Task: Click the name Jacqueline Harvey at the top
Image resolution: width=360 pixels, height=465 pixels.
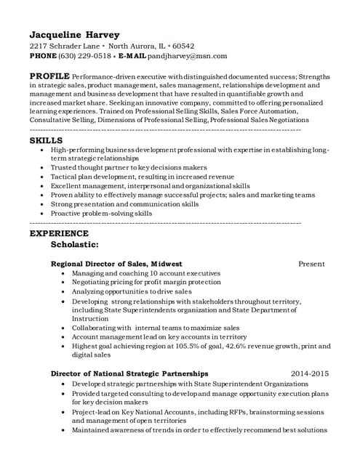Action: coord(74,34)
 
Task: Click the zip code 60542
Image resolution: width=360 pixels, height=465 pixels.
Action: coord(183,45)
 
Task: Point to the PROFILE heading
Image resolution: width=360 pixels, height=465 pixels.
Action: coord(49,76)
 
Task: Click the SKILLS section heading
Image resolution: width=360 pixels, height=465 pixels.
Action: coord(46,139)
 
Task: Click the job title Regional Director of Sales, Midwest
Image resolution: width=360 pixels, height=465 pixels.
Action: coord(116,263)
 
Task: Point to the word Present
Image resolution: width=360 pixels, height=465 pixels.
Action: coord(312,263)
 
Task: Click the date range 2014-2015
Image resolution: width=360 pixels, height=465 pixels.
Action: coord(310,373)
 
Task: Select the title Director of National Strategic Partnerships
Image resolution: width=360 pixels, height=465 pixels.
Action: coord(129,373)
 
